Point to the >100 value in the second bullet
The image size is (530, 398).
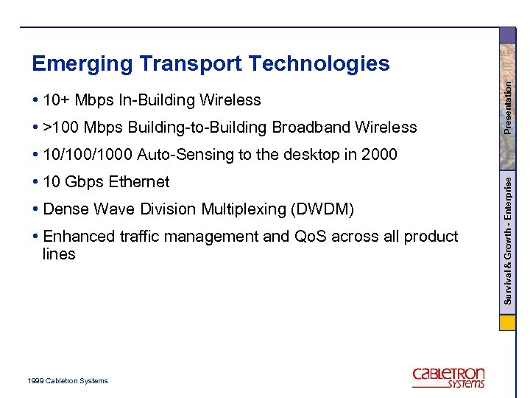[61, 128]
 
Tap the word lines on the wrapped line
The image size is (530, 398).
[59, 254]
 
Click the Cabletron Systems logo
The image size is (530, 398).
[448, 377]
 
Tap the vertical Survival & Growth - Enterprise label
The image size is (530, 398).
[508, 236]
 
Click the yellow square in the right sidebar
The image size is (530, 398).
[508, 323]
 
